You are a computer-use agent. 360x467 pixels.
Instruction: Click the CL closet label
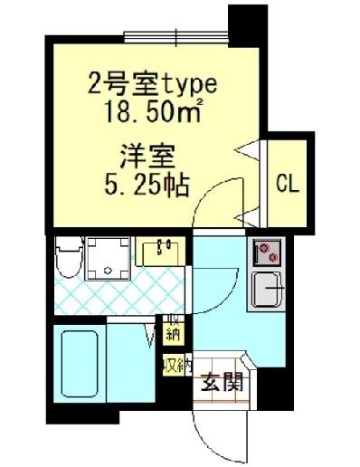pos(288,184)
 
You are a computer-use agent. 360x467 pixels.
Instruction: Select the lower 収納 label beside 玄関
pos(176,365)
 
